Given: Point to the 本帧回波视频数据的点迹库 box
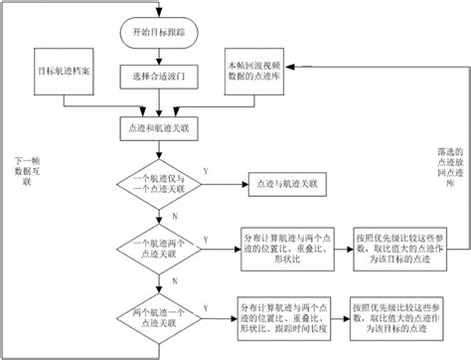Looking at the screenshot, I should coord(255,71).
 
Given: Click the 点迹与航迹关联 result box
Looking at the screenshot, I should coord(287,183).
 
